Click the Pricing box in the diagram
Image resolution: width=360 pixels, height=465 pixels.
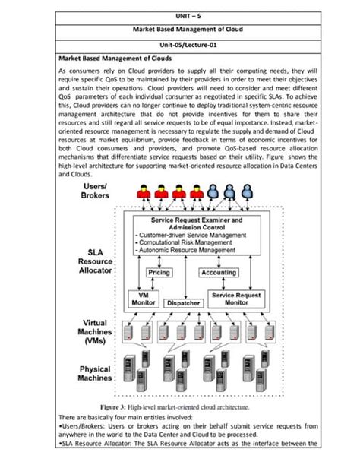pos(159,271)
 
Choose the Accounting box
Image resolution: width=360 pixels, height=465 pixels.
pos(219,271)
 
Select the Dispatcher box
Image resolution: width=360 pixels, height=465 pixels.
pos(183,302)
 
